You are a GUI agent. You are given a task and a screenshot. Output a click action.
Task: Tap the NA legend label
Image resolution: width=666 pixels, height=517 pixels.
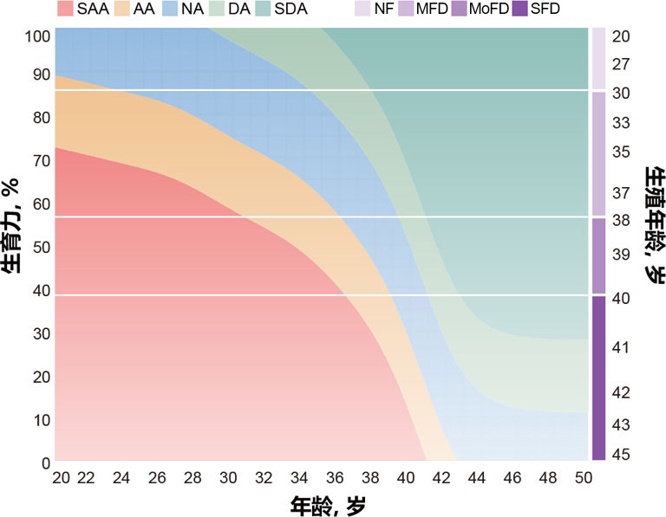pyautogui.click(x=193, y=10)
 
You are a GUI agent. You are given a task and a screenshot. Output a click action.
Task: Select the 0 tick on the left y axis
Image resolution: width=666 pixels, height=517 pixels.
pyautogui.click(x=44, y=463)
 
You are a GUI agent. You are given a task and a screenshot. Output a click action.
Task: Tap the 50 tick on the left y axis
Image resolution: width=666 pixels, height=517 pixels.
pyautogui.click(x=41, y=246)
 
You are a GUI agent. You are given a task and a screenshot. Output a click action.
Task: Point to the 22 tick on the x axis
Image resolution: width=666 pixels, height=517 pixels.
pyautogui.click(x=86, y=478)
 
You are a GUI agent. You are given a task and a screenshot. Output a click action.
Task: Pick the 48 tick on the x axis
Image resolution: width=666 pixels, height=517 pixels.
pyautogui.click(x=548, y=478)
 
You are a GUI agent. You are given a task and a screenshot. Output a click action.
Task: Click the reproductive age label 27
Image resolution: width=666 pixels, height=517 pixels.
pyautogui.click(x=620, y=64)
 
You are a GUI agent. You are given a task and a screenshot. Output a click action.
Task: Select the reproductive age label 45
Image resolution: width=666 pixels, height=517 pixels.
pyautogui.click(x=620, y=455)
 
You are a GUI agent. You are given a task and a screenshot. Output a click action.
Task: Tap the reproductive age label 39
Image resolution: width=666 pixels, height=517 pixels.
pyautogui.click(x=620, y=255)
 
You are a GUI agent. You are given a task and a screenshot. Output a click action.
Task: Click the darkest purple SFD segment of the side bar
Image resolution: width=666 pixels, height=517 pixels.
pyautogui.click(x=598, y=378)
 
